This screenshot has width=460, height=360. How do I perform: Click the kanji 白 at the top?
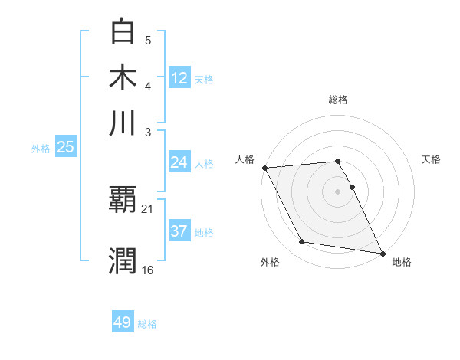tap(123, 31)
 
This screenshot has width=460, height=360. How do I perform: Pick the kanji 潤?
tap(123, 260)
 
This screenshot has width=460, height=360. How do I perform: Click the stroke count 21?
tap(148, 208)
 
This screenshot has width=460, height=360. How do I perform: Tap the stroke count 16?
tap(148, 270)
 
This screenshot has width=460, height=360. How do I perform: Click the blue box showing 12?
tap(179, 77)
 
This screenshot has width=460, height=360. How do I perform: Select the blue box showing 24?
tap(179, 162)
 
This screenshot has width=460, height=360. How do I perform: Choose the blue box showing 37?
tap(179, 231)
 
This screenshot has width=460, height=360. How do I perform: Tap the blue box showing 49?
tap(123, 322)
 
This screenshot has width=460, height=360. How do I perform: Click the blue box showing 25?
tap(65, 147)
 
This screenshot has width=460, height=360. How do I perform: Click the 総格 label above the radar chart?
tap(337, 100)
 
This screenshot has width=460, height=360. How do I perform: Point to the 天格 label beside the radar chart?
tap(431, 159)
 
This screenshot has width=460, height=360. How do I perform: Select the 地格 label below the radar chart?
tap(402, 262)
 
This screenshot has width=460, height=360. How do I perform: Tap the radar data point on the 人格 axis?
tap(264, 168)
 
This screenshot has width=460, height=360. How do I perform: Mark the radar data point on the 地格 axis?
tap(381, 252)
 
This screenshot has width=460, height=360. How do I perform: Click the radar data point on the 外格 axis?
tap(302, 242)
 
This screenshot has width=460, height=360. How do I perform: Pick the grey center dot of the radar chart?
tap(337, 191)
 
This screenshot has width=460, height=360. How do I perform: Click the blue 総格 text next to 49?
tap(147, 323)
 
